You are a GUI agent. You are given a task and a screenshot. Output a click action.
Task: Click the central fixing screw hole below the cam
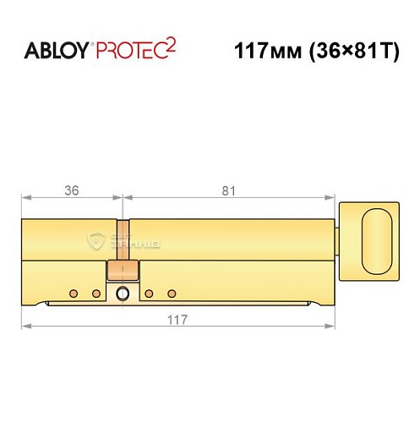pyautogui.click(x=123, y=294)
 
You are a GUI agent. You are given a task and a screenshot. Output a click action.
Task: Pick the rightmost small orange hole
pyautogui.click(x=172, y=294)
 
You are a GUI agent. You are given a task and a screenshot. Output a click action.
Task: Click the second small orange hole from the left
pyautogui.click(x=96, y=294)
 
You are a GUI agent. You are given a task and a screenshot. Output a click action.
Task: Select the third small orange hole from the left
pyautogui.click(x=149, y=294)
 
